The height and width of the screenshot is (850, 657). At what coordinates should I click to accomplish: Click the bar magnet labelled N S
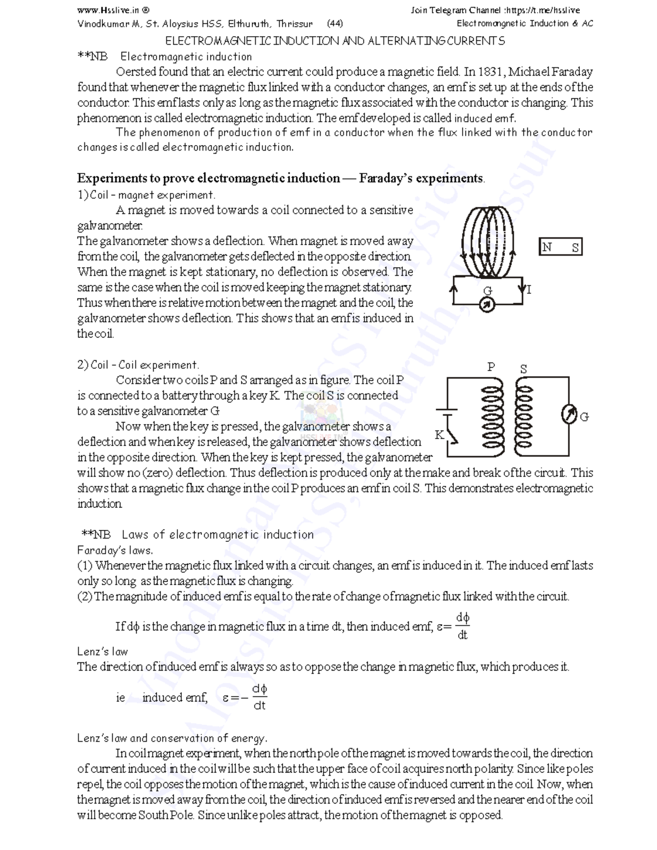click(561, 247)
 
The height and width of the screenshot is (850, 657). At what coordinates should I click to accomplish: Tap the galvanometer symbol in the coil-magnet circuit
click(487, 304)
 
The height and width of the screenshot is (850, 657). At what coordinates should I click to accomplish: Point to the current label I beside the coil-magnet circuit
click(529, 290)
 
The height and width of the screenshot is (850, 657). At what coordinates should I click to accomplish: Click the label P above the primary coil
click(491, 367)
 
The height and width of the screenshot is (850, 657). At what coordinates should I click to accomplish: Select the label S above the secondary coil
click(523, 369)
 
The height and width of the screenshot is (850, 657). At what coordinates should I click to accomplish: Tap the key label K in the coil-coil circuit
click(439, 435)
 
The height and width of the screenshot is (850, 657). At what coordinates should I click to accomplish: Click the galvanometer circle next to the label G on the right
click(569, 415)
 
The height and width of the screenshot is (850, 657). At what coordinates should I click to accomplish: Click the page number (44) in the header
click(335, 24)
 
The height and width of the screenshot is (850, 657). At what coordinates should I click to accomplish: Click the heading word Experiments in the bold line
click(112, 178)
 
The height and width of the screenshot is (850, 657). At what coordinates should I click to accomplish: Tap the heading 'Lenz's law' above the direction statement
click(102, 651)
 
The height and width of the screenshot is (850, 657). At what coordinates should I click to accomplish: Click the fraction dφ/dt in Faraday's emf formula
click(463, 627)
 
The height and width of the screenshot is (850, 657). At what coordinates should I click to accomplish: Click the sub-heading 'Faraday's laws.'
click(115, 550)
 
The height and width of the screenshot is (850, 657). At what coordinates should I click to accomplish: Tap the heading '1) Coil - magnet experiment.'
click(146, 195)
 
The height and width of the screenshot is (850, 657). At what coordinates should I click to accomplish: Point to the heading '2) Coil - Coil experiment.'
click(139, 365)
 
